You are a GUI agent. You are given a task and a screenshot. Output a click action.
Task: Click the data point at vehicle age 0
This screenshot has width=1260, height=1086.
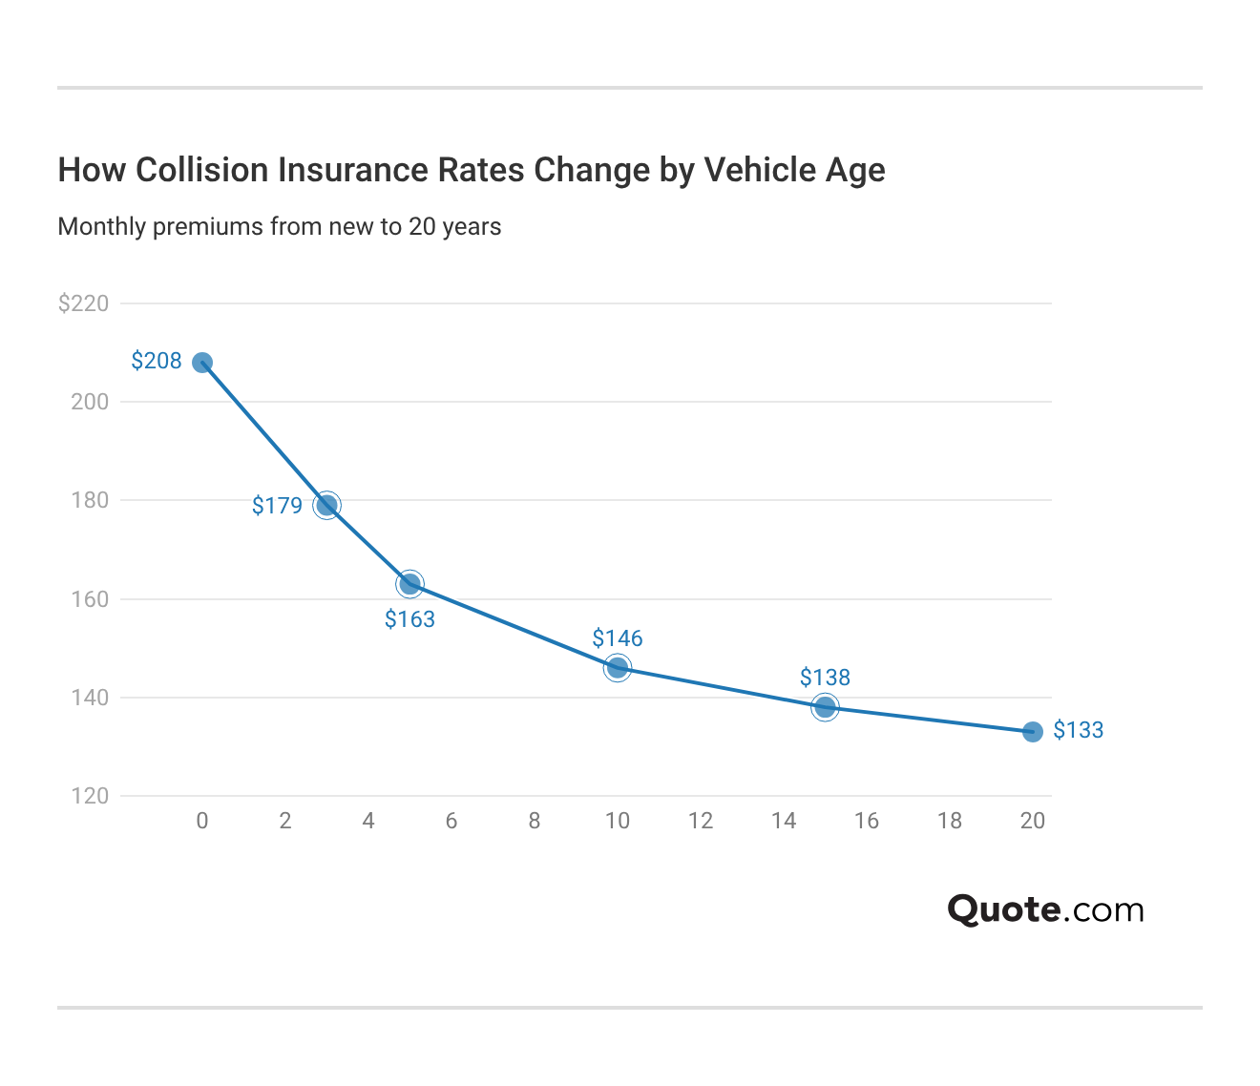(202, 363)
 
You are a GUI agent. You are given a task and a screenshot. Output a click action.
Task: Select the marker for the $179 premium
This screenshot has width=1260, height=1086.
(326, 505)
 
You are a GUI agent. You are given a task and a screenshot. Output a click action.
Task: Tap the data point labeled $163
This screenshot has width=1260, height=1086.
(409, 583)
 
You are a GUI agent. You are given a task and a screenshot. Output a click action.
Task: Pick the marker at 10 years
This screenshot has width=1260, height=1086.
(618, 667)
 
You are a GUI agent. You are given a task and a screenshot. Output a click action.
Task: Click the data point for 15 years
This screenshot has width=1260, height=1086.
(825, 707)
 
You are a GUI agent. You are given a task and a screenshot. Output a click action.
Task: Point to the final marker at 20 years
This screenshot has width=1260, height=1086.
(1032, 732)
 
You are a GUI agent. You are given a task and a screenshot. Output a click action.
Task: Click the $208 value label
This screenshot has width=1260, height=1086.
(157, 361)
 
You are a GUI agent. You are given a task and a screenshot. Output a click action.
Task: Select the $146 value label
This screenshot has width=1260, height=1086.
(618, 638)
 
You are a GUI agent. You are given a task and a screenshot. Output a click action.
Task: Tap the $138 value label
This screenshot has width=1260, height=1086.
(825, 678)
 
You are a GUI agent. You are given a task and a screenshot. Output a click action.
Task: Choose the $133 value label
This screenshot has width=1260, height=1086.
(1078, 730)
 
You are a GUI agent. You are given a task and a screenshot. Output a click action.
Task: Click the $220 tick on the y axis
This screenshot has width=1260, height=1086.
(84, 303)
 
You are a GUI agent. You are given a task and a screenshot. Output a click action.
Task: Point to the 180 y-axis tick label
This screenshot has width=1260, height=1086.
(90, 500)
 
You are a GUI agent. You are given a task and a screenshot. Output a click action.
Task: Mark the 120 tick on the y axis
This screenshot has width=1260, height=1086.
(90, 796)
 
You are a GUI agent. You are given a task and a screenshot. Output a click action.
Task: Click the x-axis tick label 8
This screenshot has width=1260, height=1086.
(535, 821)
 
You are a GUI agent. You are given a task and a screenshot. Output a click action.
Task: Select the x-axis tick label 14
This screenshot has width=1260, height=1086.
(784, 821)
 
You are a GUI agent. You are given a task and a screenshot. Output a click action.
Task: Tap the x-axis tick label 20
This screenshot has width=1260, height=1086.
(1032, 821)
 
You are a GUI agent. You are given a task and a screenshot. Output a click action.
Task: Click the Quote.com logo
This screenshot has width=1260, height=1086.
(1045, 909)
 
